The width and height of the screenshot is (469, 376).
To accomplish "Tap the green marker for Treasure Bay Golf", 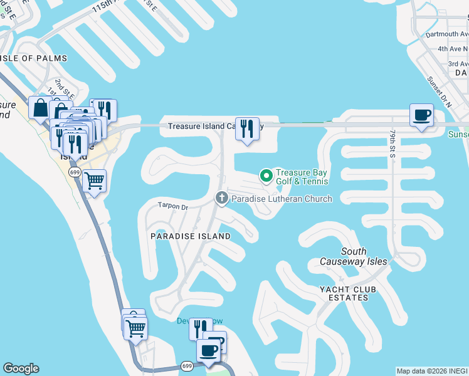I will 265,175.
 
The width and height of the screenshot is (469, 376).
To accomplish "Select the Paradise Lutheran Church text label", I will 282,199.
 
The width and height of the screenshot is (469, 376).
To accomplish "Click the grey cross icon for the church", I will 221,199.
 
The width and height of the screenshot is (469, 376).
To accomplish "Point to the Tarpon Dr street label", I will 172,206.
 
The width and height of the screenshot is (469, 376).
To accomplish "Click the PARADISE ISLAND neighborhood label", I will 191,236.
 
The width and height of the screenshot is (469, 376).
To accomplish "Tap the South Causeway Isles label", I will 354,256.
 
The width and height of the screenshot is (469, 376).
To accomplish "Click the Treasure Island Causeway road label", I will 201,127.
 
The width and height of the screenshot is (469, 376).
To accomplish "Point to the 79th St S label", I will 392,144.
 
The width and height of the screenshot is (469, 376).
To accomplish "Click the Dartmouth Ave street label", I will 446,34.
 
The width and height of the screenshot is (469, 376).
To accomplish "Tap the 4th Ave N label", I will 453,49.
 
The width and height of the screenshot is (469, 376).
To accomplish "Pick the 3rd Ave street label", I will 457,64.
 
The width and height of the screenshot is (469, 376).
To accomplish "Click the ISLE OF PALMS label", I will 25,59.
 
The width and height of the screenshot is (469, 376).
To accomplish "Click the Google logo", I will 21,368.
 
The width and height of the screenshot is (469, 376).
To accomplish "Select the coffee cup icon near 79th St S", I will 421,115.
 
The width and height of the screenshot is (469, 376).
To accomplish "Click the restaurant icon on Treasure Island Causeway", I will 247,128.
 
